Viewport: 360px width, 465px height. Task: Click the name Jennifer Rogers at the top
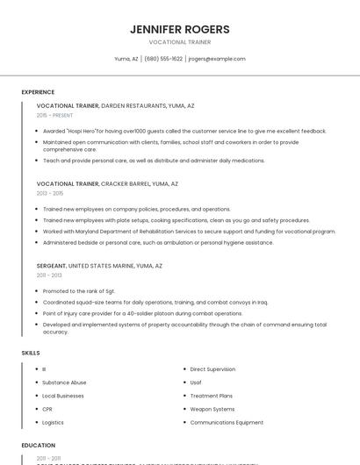179,28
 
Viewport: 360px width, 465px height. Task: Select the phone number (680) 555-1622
163,59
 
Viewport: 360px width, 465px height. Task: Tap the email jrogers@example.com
217,59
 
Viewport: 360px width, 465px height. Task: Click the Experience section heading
38,92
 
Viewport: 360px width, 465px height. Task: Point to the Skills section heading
31,353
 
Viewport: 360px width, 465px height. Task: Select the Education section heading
39,446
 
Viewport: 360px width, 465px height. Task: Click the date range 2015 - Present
55,115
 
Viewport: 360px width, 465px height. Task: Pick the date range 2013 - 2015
50,193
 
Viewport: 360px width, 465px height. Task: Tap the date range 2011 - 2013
49,275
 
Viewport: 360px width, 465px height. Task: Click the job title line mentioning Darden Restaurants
115,105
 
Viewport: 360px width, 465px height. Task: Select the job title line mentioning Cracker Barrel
107,184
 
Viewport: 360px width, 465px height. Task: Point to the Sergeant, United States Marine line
99,265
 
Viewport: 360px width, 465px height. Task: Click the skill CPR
47,409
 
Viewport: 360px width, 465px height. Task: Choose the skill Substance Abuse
64,383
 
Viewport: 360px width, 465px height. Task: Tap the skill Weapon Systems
212,409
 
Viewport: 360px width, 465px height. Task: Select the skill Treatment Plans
211,396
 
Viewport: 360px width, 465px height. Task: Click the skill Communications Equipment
227,422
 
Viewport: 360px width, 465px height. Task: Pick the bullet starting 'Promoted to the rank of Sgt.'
79,290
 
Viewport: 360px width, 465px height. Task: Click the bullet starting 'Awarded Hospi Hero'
184,131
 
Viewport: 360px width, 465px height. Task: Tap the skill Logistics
53,422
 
